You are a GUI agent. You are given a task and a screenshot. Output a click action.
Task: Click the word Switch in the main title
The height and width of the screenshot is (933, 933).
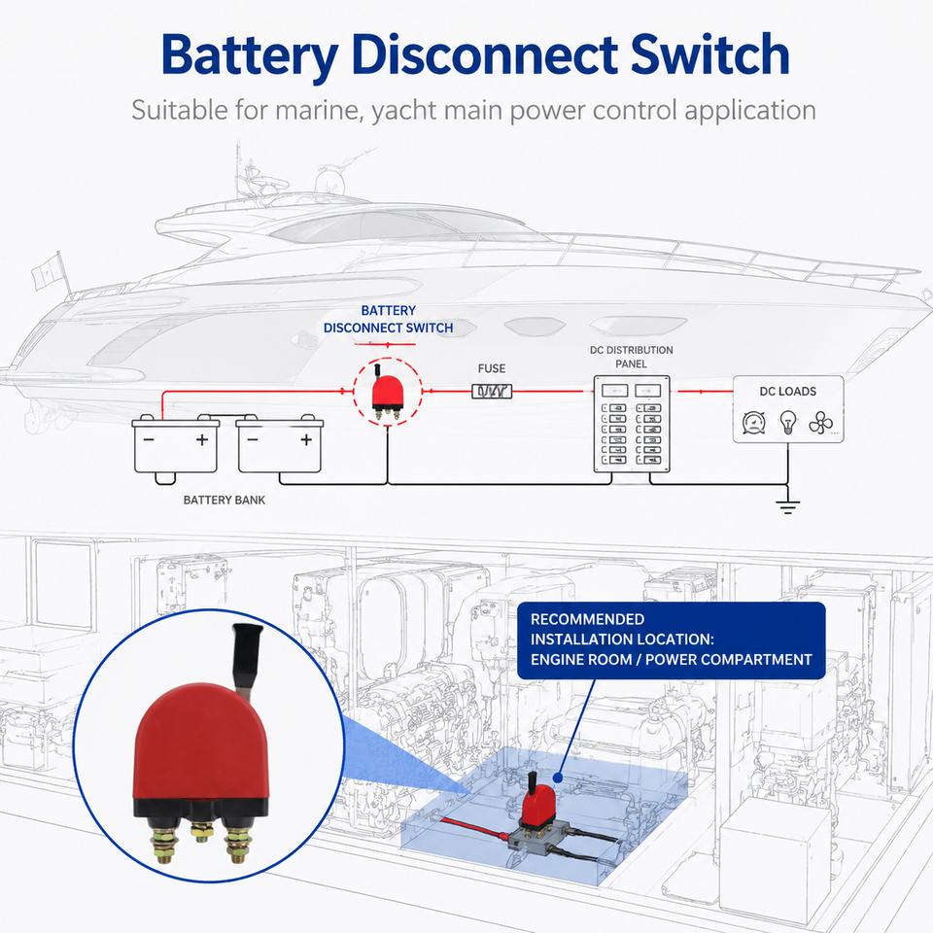tap(709, 54)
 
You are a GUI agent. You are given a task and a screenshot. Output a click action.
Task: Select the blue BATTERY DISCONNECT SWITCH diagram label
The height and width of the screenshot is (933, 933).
tap(388, 319)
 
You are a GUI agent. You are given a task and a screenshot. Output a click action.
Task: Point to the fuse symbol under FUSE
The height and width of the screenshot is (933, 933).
tap(492, 391)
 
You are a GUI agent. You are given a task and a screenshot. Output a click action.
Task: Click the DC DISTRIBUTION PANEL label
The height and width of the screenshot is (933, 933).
tap(632, 357)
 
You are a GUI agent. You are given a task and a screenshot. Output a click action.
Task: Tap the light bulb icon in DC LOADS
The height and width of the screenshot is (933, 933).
tap(788, 422)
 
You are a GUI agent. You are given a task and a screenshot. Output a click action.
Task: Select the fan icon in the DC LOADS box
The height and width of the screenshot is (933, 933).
tap(820, 423)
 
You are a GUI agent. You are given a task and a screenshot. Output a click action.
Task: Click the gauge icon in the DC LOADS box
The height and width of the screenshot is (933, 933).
tap(754, 423)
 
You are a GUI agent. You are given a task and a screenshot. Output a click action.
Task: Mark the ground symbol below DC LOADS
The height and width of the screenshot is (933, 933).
tap(787, 506)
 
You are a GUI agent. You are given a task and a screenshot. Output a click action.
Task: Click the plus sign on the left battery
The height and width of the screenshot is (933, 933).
tap(202, 439)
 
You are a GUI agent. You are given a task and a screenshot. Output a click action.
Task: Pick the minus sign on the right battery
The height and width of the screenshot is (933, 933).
tap(253, 439)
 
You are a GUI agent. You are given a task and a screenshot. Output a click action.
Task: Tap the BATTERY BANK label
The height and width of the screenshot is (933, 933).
tap(225, 500)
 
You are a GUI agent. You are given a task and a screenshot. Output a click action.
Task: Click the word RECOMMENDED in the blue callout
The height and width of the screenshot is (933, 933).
tap(587, 619)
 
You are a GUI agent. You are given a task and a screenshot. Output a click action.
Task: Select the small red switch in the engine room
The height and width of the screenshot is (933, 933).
tap(537, 804)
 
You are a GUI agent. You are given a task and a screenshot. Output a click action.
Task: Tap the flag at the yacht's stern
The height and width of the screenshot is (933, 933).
tap(47, 271)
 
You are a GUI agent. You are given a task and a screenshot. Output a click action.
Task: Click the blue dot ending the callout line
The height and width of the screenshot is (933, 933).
tap(558, 777)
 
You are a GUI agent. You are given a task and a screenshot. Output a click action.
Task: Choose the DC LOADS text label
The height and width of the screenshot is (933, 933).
tap(788, 392)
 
